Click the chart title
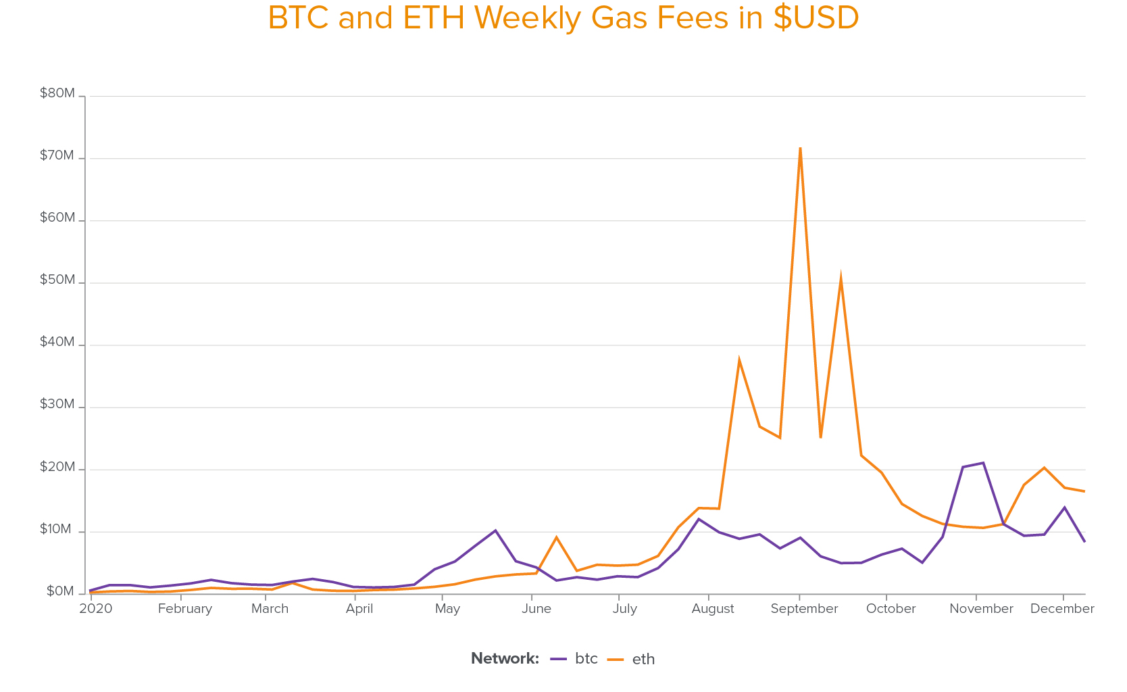coord(563,18)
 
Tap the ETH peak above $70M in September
coord(800,148)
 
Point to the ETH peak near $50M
coord(841,278)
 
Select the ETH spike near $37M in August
coord(739,360)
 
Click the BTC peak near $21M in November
coord(983,463)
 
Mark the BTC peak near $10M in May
coord(495,530)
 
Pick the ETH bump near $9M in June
coord(556,537)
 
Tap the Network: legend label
coord(505,659)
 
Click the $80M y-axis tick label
coord(57,93)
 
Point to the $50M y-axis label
coord(57,280)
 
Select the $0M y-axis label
coord(60,592)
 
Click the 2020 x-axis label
coord(96,609)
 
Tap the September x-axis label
coord(804,609)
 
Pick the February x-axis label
coord(185,609)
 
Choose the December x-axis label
coord(1061,609)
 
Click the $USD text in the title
coord(816,18)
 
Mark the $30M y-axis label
coord(57,404)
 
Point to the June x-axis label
coord(536,609)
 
